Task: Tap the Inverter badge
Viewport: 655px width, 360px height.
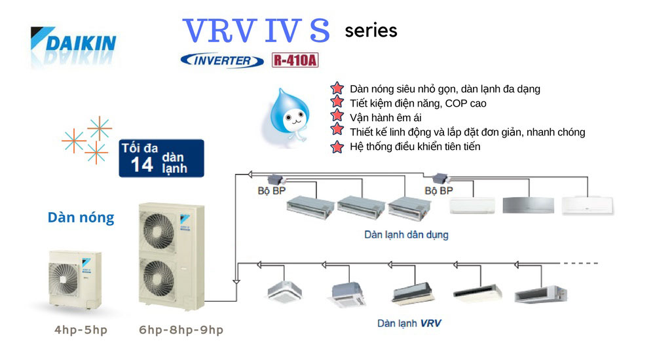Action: [x=222, y=61]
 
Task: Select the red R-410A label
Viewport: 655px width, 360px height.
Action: [x=295, y=61]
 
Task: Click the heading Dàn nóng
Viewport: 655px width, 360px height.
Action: [x=81, y=218]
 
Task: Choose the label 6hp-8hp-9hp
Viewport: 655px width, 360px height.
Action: [x=181, y=330]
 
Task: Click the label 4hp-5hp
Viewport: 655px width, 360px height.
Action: [x=81, y=330]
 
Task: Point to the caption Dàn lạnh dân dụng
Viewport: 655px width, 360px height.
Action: [x=406, y=234]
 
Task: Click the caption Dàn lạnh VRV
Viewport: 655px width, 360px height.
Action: [x=405, y=323]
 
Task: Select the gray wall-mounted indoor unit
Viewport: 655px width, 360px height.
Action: [x=527, y=205]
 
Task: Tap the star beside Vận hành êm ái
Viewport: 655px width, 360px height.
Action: [x=337, y=117]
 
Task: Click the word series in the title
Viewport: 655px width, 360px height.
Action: [x=371, y=31]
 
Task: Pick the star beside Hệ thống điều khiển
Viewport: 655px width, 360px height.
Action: [x=337, y=147]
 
